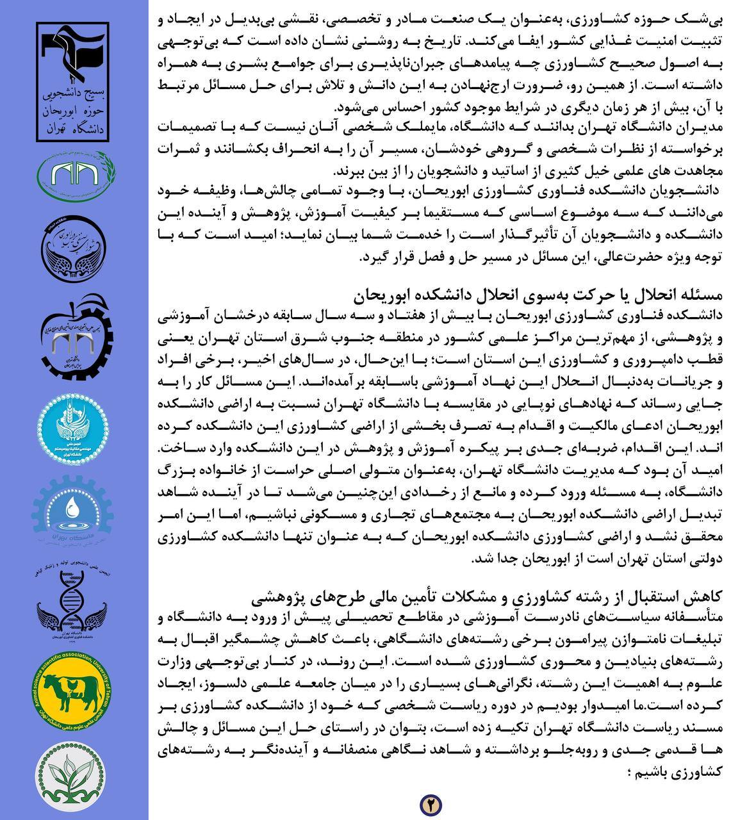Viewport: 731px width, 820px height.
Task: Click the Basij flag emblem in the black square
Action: pyautogui.click(x=73, y=54)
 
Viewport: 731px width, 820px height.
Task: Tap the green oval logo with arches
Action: pyautogui.click(x=74, y=174)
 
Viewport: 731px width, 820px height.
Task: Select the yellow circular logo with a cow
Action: pyautogui.click(x=74, y=697)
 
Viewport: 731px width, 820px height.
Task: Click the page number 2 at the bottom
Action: pyautogui.click(x=431, y=803)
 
